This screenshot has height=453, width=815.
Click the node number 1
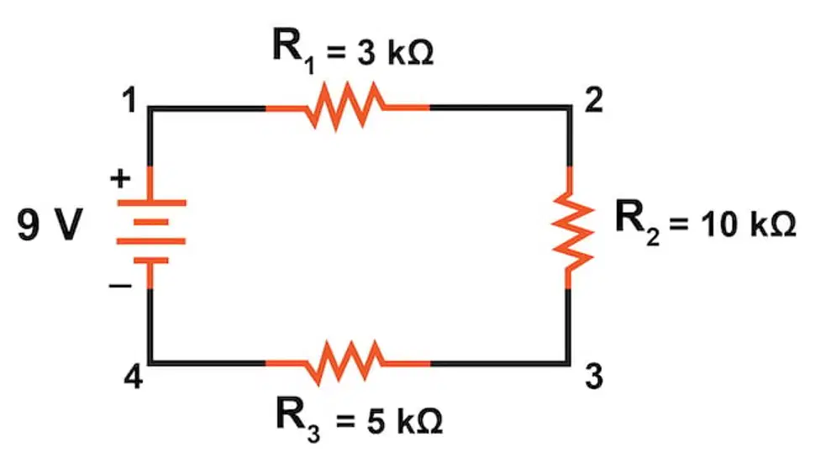click(x=129, y=100)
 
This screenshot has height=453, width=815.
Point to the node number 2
click(x=593, y=100)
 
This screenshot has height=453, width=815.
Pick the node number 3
click(x=593, y=377)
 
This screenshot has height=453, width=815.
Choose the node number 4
click(x=133, y=377)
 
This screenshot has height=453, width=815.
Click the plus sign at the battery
click(x=120, y=178)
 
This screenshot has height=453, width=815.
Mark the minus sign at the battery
click(x=120, y=286)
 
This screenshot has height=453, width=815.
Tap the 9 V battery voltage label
click(x=50, y=224)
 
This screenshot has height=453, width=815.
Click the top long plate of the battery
click(x=151, y=203)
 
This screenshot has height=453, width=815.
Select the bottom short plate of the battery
click(x=151, y=261)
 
